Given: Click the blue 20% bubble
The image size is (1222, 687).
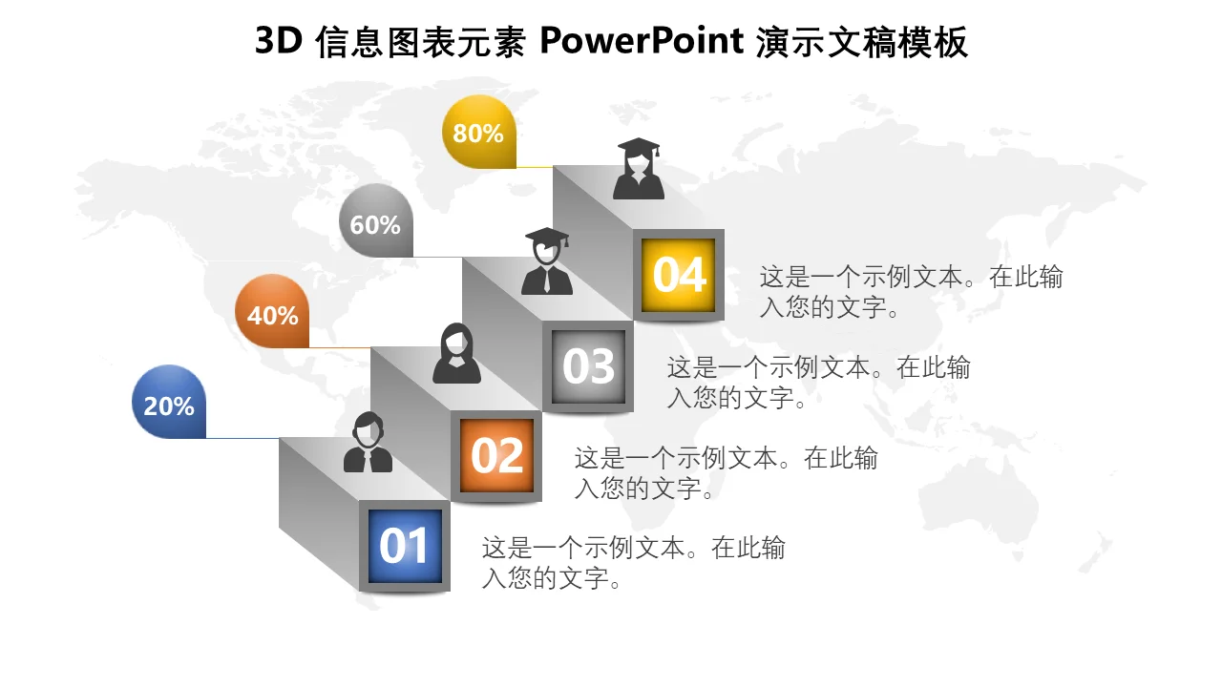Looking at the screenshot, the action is pos(169,402).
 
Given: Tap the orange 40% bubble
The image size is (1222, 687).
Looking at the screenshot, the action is pos(272,311).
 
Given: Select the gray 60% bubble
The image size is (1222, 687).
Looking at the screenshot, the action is pos(376,220).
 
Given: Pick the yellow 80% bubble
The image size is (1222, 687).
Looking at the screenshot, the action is pos(479,132).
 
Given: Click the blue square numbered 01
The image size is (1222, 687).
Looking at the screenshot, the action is pos(405,546).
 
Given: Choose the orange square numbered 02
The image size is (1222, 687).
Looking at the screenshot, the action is pos(496,455).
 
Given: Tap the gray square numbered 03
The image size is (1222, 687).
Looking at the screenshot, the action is pos(588,365).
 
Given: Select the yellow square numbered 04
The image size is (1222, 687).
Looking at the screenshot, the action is pos(679,275).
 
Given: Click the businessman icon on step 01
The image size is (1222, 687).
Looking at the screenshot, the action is pos(368,442).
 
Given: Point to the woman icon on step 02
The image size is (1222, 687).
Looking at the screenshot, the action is pos(456,353).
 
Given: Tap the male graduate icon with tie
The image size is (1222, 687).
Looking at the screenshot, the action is pos(547,261).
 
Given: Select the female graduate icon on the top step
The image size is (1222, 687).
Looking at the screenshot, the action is pos(639,169).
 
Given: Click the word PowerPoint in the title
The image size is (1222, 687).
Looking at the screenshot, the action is pos(642,41).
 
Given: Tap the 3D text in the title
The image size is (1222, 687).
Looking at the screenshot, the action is pos(279,41).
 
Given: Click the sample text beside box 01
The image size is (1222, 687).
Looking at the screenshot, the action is pos(633,563).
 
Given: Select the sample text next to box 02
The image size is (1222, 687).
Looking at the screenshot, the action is pos(727,472).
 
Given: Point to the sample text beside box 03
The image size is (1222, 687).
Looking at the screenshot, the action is pos(819,383).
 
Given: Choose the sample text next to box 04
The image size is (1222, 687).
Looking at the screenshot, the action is pos(912,292).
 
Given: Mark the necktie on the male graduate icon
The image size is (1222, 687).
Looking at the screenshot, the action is pos(547,281).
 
